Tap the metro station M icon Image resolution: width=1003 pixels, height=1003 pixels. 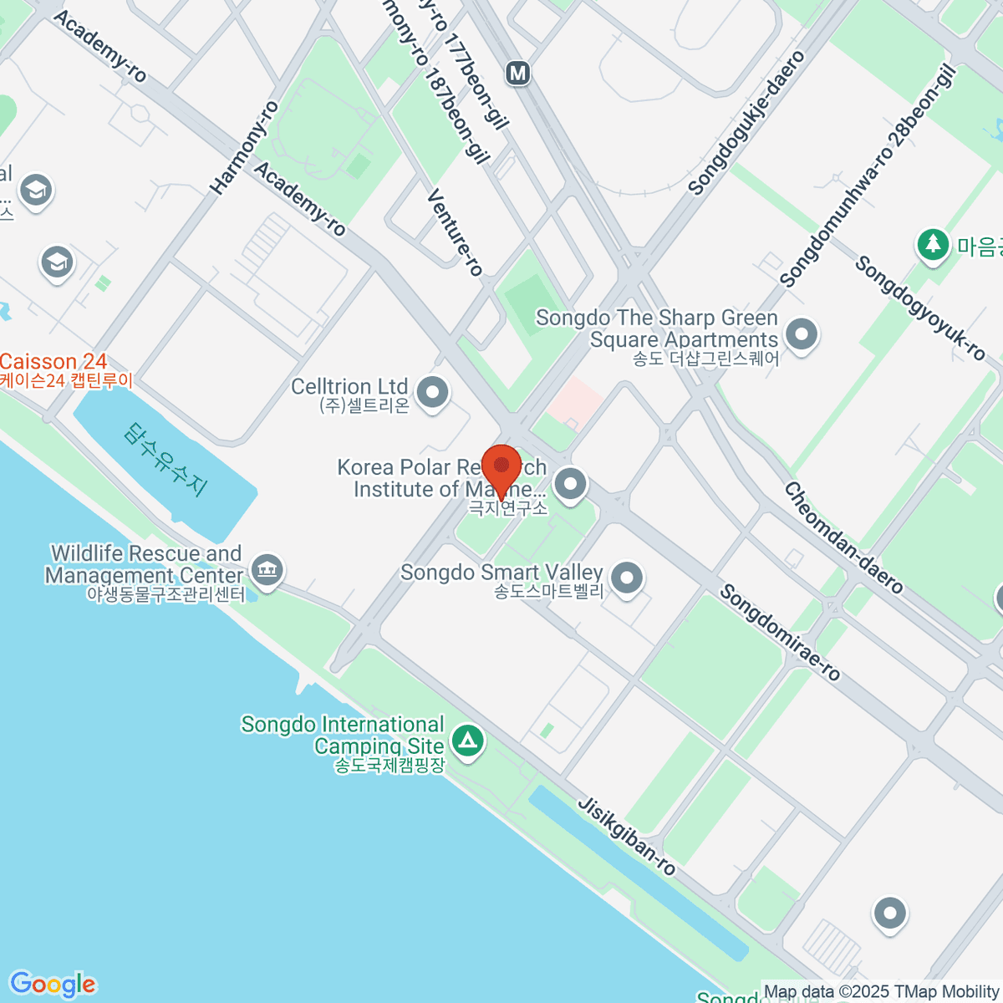[518, 74]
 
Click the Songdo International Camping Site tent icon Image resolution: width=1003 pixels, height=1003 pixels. [467, 740]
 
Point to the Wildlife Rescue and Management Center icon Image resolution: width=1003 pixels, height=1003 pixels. [267, 570]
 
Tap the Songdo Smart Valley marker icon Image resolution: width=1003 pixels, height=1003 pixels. [626, 578]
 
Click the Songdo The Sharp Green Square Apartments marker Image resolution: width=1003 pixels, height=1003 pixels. [802, 335]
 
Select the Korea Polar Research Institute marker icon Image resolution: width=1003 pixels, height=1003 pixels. [571, 483]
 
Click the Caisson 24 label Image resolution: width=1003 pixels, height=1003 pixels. [54, 362]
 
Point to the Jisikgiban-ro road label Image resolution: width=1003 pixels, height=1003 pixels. [627, 835]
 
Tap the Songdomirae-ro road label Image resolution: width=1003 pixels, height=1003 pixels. [780, 632]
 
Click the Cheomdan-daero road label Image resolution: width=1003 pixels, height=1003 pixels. [843, 537]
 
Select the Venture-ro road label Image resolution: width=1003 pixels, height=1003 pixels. [455, 232]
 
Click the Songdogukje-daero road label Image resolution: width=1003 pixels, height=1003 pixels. [746, 123]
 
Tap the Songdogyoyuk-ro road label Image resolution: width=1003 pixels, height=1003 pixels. [919, 308]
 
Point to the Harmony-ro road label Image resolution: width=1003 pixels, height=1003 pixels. [244, 148]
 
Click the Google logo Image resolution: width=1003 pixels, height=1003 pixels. [53, 985]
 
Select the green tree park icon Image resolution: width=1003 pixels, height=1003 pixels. [932, 245]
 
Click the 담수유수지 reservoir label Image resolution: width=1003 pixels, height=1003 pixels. [165, 460]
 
